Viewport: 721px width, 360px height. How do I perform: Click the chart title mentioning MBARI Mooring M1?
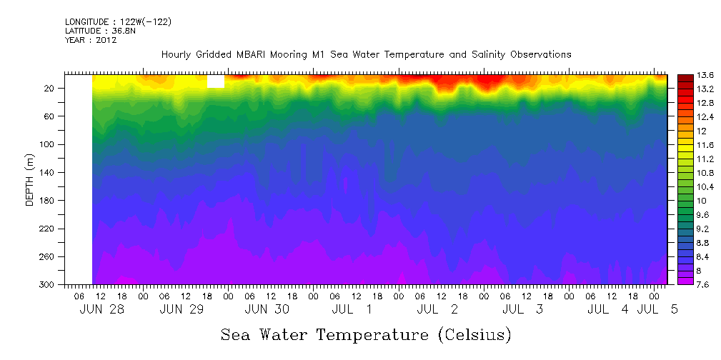tap(366, 54)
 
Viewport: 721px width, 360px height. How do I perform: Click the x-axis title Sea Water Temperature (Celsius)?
tap(365, 334)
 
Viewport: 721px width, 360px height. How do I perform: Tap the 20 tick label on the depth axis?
tap(50, 89)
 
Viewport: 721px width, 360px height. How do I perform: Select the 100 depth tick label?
tap(48, 144)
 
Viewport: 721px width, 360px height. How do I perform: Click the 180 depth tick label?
tap(48, 201)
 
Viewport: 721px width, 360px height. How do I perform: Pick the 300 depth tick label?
tap(48, 284)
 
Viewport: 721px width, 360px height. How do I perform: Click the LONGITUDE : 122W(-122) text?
tap(118, 22)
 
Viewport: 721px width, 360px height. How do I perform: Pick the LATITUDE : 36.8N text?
tap(100, 31)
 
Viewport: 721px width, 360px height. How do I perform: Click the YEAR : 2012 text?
tap(91, 40)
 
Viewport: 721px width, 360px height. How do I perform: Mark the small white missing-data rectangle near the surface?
tap(216, 81)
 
